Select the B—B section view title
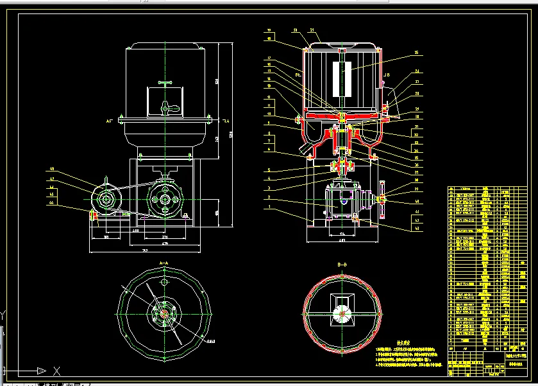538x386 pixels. pos(342,265)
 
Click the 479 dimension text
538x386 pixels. pos(165,244)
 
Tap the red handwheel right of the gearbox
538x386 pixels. pos(382,200)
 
